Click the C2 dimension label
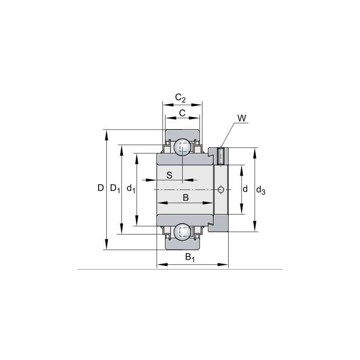pyautogui.click(x=180, y=98)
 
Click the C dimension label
pyautogui.click(x=182, y=113)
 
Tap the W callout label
pyautogui.click(x=242, y=118)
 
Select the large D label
pyautogui.click(x=100, y=188)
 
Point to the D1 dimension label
pyautogui.click(x=115, y=189)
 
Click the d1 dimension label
pyautogui.click(x=131, y=189)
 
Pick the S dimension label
pyautogui.click(x=169, y=175)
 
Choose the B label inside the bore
pyautogui.click(x=186, y=198)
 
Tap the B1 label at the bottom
pyautogui.click(x=190, y=257)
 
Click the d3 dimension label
pyautogui.click(x=261, y=190)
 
